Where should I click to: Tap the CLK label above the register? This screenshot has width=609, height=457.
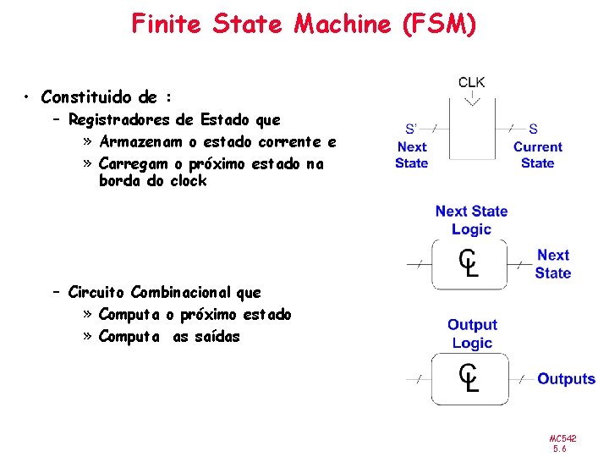tap(471, 83)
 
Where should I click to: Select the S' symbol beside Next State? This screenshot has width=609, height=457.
tap(411, 129)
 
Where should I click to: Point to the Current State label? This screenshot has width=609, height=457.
tap(537, 155)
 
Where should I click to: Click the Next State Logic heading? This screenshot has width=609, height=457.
tap(471, 220)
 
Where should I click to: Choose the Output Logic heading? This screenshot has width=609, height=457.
tap(471, 333)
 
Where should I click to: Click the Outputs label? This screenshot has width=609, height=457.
tap(566, 379)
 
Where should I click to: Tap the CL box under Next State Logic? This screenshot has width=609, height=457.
tap(469, 263)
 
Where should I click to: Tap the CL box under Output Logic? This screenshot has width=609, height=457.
tap(469, 378)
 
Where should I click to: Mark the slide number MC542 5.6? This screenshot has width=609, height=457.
tap(562, 443)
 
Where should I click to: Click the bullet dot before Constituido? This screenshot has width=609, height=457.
tap(28, 97)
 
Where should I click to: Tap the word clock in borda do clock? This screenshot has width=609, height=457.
tap(188, 181)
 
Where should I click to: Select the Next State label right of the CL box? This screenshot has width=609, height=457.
tap(552, 263)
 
